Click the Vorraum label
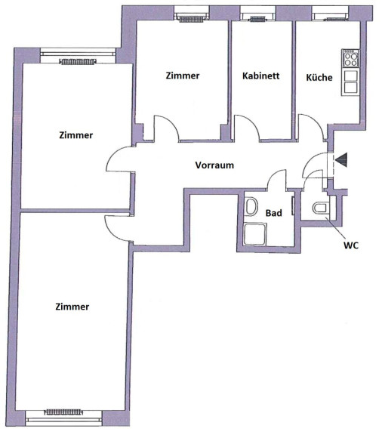coord(214,165)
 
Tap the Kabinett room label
coord(260,76)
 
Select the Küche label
coord(319,77)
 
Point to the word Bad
coord(274,213)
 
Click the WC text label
coord(351,245)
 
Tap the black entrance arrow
coord(341,160)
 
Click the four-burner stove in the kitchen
coord(350,59)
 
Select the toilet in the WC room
coord(321,208)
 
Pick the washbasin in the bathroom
coord(251,206)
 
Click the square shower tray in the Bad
coord(255,234)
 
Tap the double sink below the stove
coord(350,82)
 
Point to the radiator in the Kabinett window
coord(258,19)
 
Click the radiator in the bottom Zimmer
coord(63,412)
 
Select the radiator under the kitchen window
coord(336,19)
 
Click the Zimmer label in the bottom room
coord(72,307)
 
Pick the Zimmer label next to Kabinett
coord(183,76)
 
